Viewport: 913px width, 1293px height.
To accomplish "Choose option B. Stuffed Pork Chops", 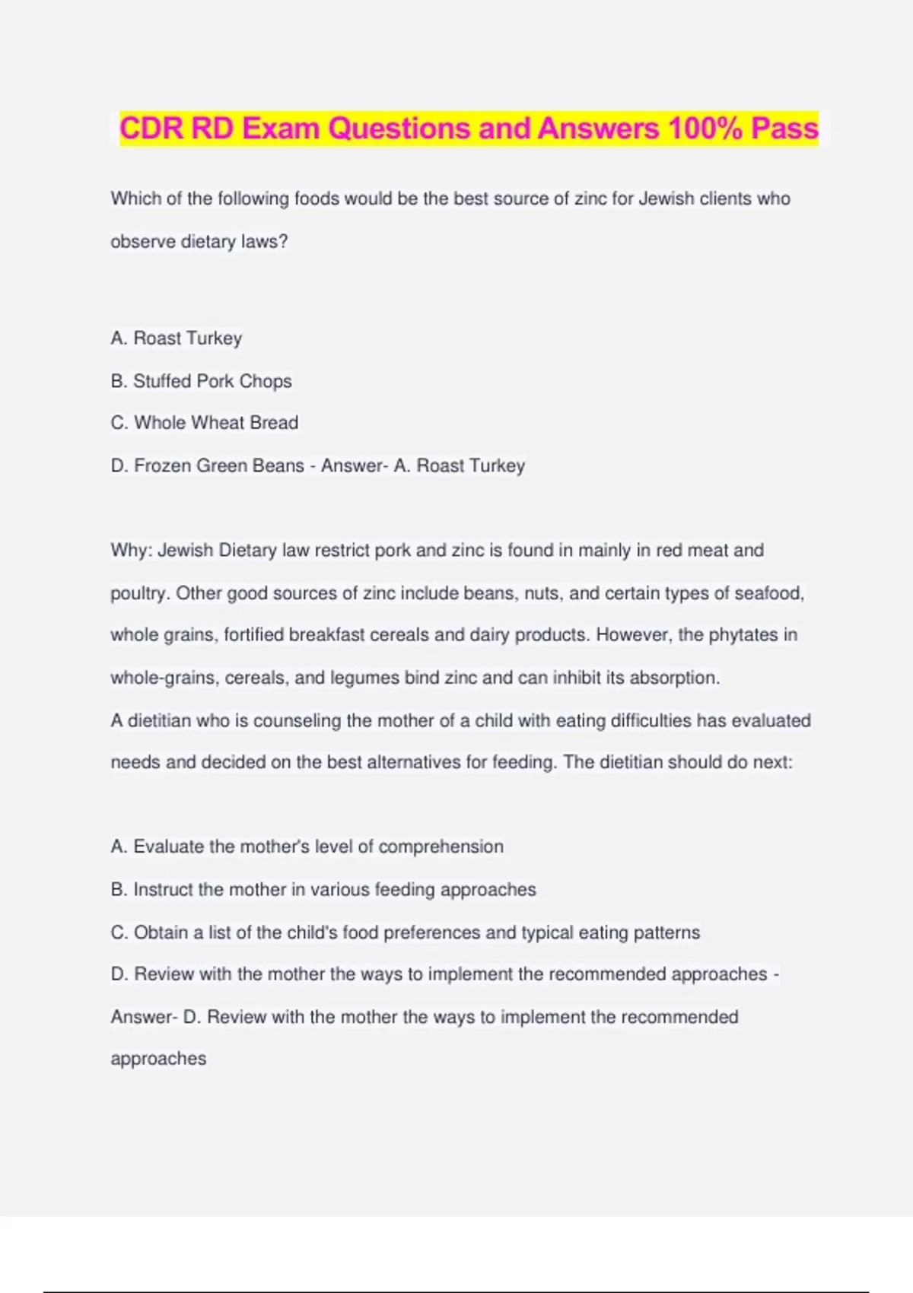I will click(x=201, y=381).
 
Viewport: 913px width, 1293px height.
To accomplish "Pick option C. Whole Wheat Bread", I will click(x=204, y=423).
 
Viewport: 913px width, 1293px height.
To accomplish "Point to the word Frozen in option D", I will click(x=162, y=465).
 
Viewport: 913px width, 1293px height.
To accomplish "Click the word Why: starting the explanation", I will click(x=132, y=551).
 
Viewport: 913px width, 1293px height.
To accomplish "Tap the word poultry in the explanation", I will click(x=138, y=594).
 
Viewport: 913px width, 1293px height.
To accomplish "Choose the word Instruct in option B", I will click(x=163, y=890).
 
